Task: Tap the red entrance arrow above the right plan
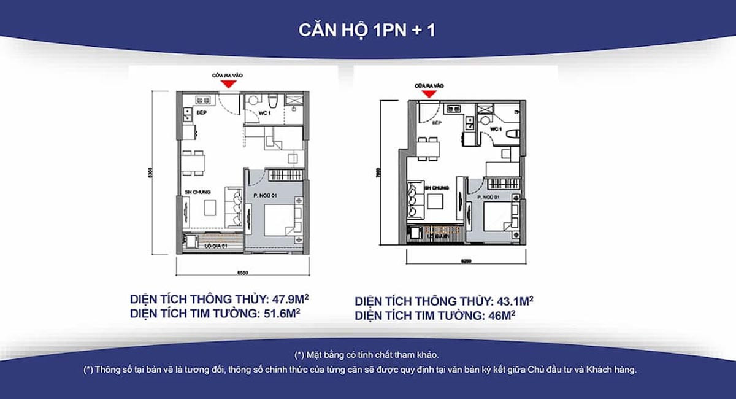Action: tap(429, 93)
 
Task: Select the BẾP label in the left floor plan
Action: tap(201, 112)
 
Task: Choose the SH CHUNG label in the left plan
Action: tap(198, 192)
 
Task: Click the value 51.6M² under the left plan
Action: tap(282, 314)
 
